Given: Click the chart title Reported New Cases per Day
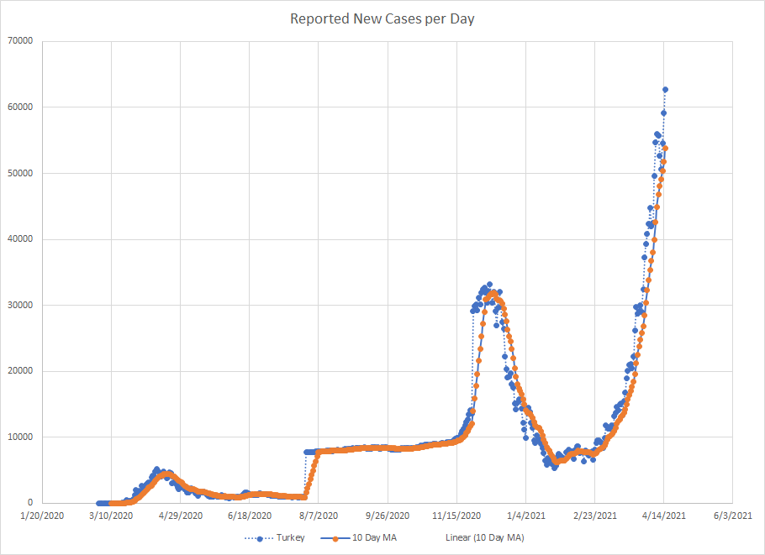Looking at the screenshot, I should point(382,18).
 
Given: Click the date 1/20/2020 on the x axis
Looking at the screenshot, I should point(42,515).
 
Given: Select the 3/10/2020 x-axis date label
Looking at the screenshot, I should point(111,515).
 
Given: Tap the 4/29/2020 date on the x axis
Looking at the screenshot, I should point(180,515).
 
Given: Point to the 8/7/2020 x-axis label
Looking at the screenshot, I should point(318,515).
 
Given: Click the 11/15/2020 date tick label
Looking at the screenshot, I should point(456,515).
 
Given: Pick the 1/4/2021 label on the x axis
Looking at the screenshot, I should point(525,515).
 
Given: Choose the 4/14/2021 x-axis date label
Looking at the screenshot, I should point(663,515).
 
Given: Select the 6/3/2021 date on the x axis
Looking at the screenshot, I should point(732,515).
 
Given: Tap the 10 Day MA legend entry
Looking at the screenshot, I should point(371,537).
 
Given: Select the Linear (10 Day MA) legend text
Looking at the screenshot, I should point(484,537).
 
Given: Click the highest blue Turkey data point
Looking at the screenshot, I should point(665,89).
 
